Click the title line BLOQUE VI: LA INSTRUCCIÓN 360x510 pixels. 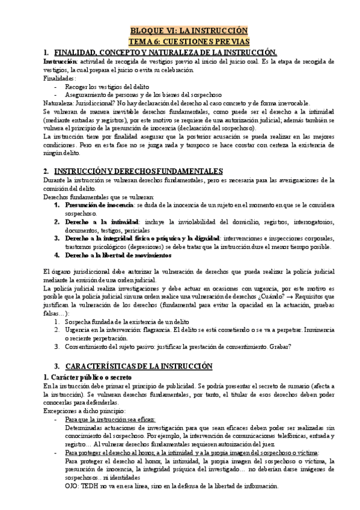tap(189, 31)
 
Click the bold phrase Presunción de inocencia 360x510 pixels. tap(99, 205)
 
